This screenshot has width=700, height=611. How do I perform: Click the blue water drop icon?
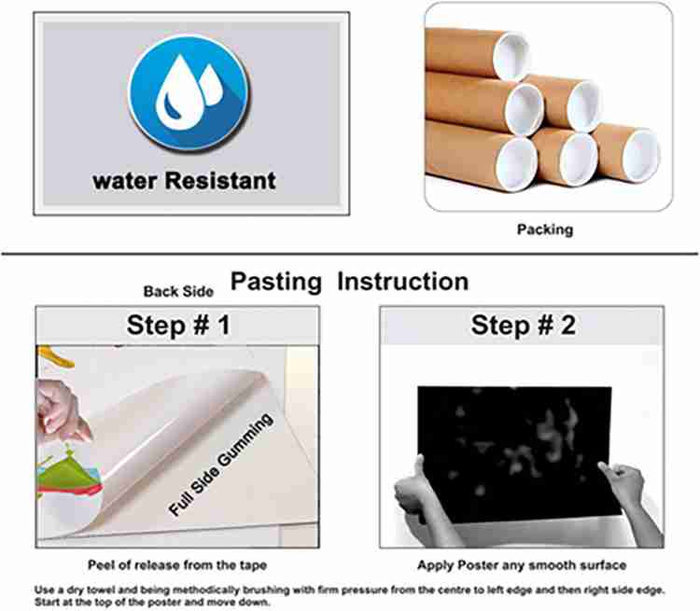tap(189, 93)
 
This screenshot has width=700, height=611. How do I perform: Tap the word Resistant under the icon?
tap(220, 181)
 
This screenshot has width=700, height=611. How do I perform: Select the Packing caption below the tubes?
tap(545, 229)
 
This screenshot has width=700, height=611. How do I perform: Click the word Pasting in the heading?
tap(276, 282)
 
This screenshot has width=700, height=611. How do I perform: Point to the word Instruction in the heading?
tap(402, 282)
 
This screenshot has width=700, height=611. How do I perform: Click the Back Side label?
tap(178, 291)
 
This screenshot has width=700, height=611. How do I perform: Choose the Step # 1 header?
tap(178, 325)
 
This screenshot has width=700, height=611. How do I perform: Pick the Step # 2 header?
tap(523, 325)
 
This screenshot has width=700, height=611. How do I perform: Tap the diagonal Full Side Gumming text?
tap(220, 465)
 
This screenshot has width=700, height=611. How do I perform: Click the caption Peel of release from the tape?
tap(177, 565)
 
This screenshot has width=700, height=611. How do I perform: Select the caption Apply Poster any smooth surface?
tap(522, 565)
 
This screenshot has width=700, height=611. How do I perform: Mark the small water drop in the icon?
tap(211, 85)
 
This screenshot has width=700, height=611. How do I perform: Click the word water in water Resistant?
tap(125, 182)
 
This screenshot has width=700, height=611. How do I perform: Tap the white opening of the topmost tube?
tap(511, 57)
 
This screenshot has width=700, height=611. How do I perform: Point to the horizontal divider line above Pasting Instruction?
tap(350, 254)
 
